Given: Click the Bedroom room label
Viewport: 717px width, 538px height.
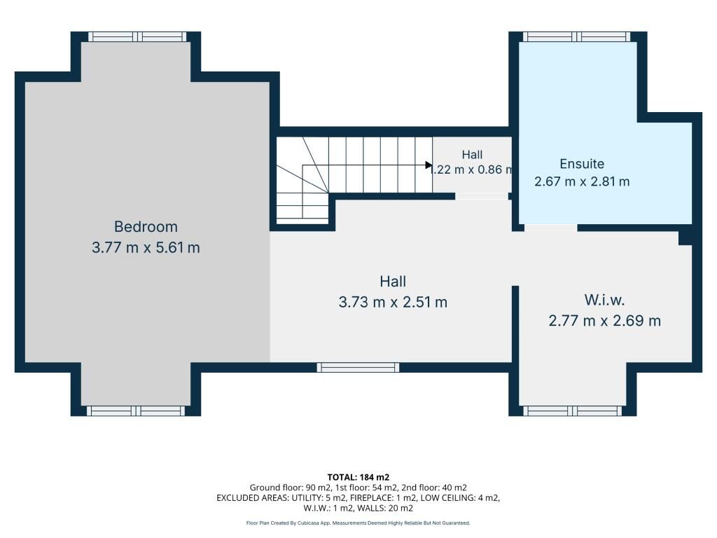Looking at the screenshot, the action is tap(146, 226).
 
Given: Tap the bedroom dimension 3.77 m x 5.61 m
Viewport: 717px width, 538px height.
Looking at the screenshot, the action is tap(146, 247).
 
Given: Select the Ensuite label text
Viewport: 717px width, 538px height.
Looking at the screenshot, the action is tap(582, 164).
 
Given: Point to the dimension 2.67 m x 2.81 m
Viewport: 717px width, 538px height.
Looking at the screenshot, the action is tap(582, 181).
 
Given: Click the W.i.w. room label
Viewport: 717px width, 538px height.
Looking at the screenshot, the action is tap(604, 300).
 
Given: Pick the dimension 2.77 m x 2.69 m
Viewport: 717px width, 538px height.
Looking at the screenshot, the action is tap(604, 321).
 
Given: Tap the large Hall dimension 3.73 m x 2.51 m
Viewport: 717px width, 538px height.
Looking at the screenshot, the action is tap(393, 302).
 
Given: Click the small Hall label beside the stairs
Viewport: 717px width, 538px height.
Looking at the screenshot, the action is tap(472, 155).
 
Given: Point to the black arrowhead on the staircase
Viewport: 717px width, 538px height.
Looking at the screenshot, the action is tap(429, 165).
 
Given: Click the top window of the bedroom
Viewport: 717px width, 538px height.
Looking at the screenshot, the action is tap(137, 36).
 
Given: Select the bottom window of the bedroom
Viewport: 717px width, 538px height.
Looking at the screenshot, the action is tap(136, 411).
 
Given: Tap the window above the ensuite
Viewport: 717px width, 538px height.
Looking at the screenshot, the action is tap(576, 36).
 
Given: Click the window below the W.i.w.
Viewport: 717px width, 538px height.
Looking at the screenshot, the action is tap(572, 411).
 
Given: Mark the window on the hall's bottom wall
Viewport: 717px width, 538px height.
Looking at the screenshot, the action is tap(358, 367).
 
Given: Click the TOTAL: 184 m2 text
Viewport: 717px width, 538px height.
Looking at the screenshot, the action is tap(358, 478).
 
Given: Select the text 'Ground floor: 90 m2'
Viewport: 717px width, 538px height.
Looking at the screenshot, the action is tap(290, 488).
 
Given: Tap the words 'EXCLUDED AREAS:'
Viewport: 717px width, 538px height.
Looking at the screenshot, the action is tap(252, 498).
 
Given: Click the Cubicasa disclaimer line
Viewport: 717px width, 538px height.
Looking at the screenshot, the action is tap(358, 523).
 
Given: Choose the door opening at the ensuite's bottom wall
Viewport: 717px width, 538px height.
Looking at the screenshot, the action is tap(550, 228).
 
